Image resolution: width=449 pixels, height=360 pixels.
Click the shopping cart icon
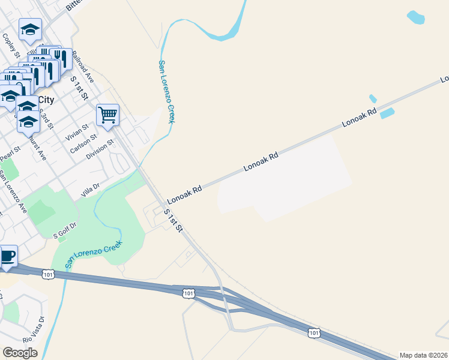point(107,114)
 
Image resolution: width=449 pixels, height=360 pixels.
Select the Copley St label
point(11,46)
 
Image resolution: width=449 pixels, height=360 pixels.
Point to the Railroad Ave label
point(83,67)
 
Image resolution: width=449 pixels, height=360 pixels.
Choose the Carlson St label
point(82,144)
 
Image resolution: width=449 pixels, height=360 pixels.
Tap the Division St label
point(99,150)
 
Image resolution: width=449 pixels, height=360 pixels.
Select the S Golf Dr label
point(65,230)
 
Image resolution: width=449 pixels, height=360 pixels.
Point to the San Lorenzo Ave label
point(13,193)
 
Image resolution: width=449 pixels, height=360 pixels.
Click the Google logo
point(20,353)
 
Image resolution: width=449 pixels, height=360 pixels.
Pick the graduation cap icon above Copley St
point(29,29)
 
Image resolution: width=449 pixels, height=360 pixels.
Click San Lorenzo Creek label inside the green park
point(93,253)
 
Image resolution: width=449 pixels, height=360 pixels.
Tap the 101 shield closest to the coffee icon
point(49,274)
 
